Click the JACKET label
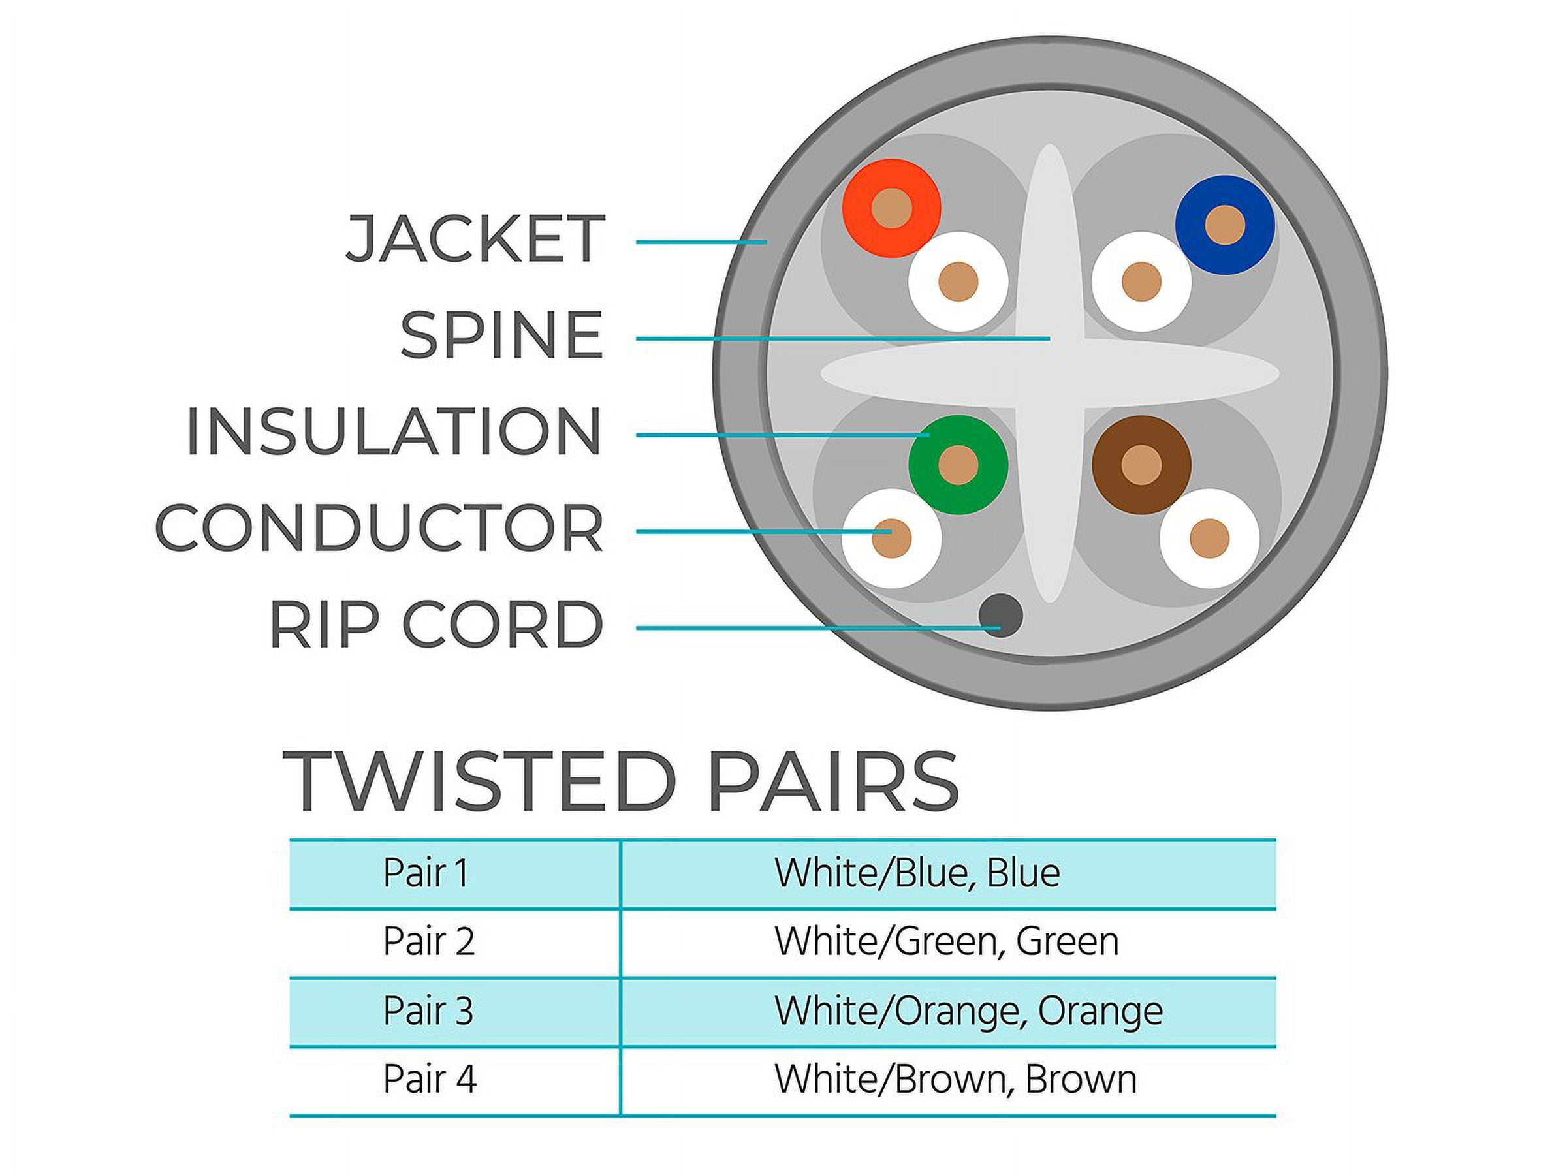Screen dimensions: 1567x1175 coord(475,239)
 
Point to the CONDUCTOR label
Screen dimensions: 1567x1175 coord(379,527)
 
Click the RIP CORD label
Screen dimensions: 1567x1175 coord(436,624)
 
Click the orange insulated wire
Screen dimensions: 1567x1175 coord(891,208)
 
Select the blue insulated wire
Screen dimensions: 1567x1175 coord(1225,225)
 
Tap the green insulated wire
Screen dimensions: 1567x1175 coord(958,465)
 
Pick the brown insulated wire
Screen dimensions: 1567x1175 coord(1141,465)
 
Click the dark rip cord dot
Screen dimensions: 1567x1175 coord(1000,615)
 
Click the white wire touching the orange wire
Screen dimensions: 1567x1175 coord(958,282)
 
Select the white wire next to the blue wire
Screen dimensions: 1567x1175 coord(1141,282)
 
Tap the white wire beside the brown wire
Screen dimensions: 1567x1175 coord(1209,539)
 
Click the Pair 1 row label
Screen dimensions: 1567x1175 coord(426,873)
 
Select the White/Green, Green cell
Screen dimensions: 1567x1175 coord(947,942)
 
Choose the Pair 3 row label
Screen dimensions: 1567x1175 coord(428,1010)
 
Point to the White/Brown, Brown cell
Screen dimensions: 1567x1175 coord(956,1080)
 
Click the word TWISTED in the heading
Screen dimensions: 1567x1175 coord(478,781)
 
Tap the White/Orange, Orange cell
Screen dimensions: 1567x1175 coord(968,1011)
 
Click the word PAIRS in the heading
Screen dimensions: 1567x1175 coord(834,781)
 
